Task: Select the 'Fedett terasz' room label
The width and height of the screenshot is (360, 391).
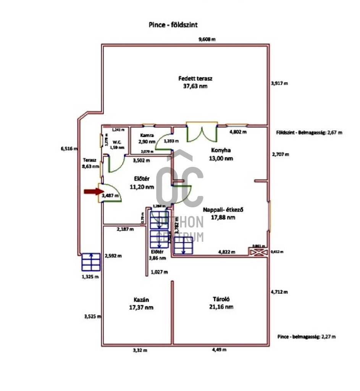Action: pyautogui.click(x=195, y=79)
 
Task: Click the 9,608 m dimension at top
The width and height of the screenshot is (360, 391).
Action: pyautogui.click(x=207, y=39)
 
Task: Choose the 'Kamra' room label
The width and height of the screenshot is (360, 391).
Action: pyautogui.click(x=147, y=135)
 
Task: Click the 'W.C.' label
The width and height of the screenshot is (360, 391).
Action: pyautogui.click(x=117, y=142)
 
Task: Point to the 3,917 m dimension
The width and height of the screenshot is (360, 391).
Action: pyautogui.click(x=279, y=83)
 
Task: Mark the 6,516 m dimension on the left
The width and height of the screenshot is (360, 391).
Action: pyautogui.click(x=69, y=149)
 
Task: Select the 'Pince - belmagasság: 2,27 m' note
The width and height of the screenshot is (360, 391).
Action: pyautogui.click(x=307, y=337)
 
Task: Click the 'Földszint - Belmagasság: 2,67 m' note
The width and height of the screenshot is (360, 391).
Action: pyautogui.click(x=309, y=132)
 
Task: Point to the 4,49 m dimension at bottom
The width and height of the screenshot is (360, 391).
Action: pyautogui.click(x=219, y=350)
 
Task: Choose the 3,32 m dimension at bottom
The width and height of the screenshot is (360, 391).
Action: pyautogui.click(x=139, y=350)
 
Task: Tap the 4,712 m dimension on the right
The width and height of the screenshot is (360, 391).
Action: pyautogui.click(x=279, y=292)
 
